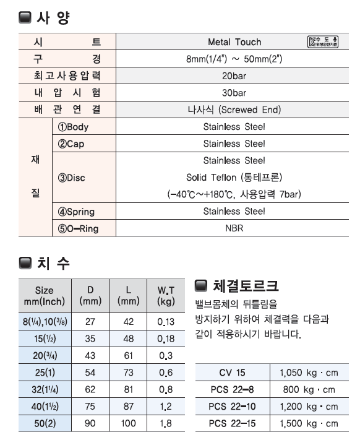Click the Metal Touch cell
click(x=234, y=42)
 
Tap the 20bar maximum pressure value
click(x=234, y=76)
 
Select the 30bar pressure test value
click(x=234, y=93)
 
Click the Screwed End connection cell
click(x=234, y=110)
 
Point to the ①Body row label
click(x=74, y=127)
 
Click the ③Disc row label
click(x=71, y=178)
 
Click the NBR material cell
click(x=234, y=228)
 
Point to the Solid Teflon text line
click(x=234, y=178)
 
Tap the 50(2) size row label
click(x=45, y=425)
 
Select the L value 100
click(x=128, y=425)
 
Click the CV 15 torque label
click(x=232, y=373)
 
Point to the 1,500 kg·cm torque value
click(x=309, y=424)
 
